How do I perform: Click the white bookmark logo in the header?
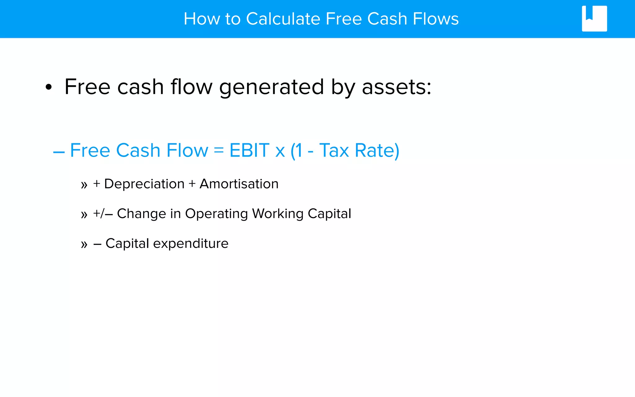click(594, 19)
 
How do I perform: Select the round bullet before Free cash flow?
click(49, 87)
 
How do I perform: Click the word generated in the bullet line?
click(271, 87)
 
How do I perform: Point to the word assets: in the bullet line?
click(396, 87)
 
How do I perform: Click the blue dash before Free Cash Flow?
click(59, 152)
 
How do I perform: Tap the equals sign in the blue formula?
click(219, 150)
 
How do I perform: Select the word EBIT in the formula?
click(249, 150)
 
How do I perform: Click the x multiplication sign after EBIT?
click(280, 152)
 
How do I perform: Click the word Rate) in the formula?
click(377, 151)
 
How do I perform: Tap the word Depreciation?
click(144, 184)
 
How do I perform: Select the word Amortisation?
click(239, 184)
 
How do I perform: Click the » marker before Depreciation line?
click(84, 185)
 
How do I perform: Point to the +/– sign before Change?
click(103, 214)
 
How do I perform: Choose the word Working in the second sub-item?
click(278, 214)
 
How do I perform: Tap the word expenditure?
click(191, 244)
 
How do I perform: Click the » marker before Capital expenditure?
click(84, 245)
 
